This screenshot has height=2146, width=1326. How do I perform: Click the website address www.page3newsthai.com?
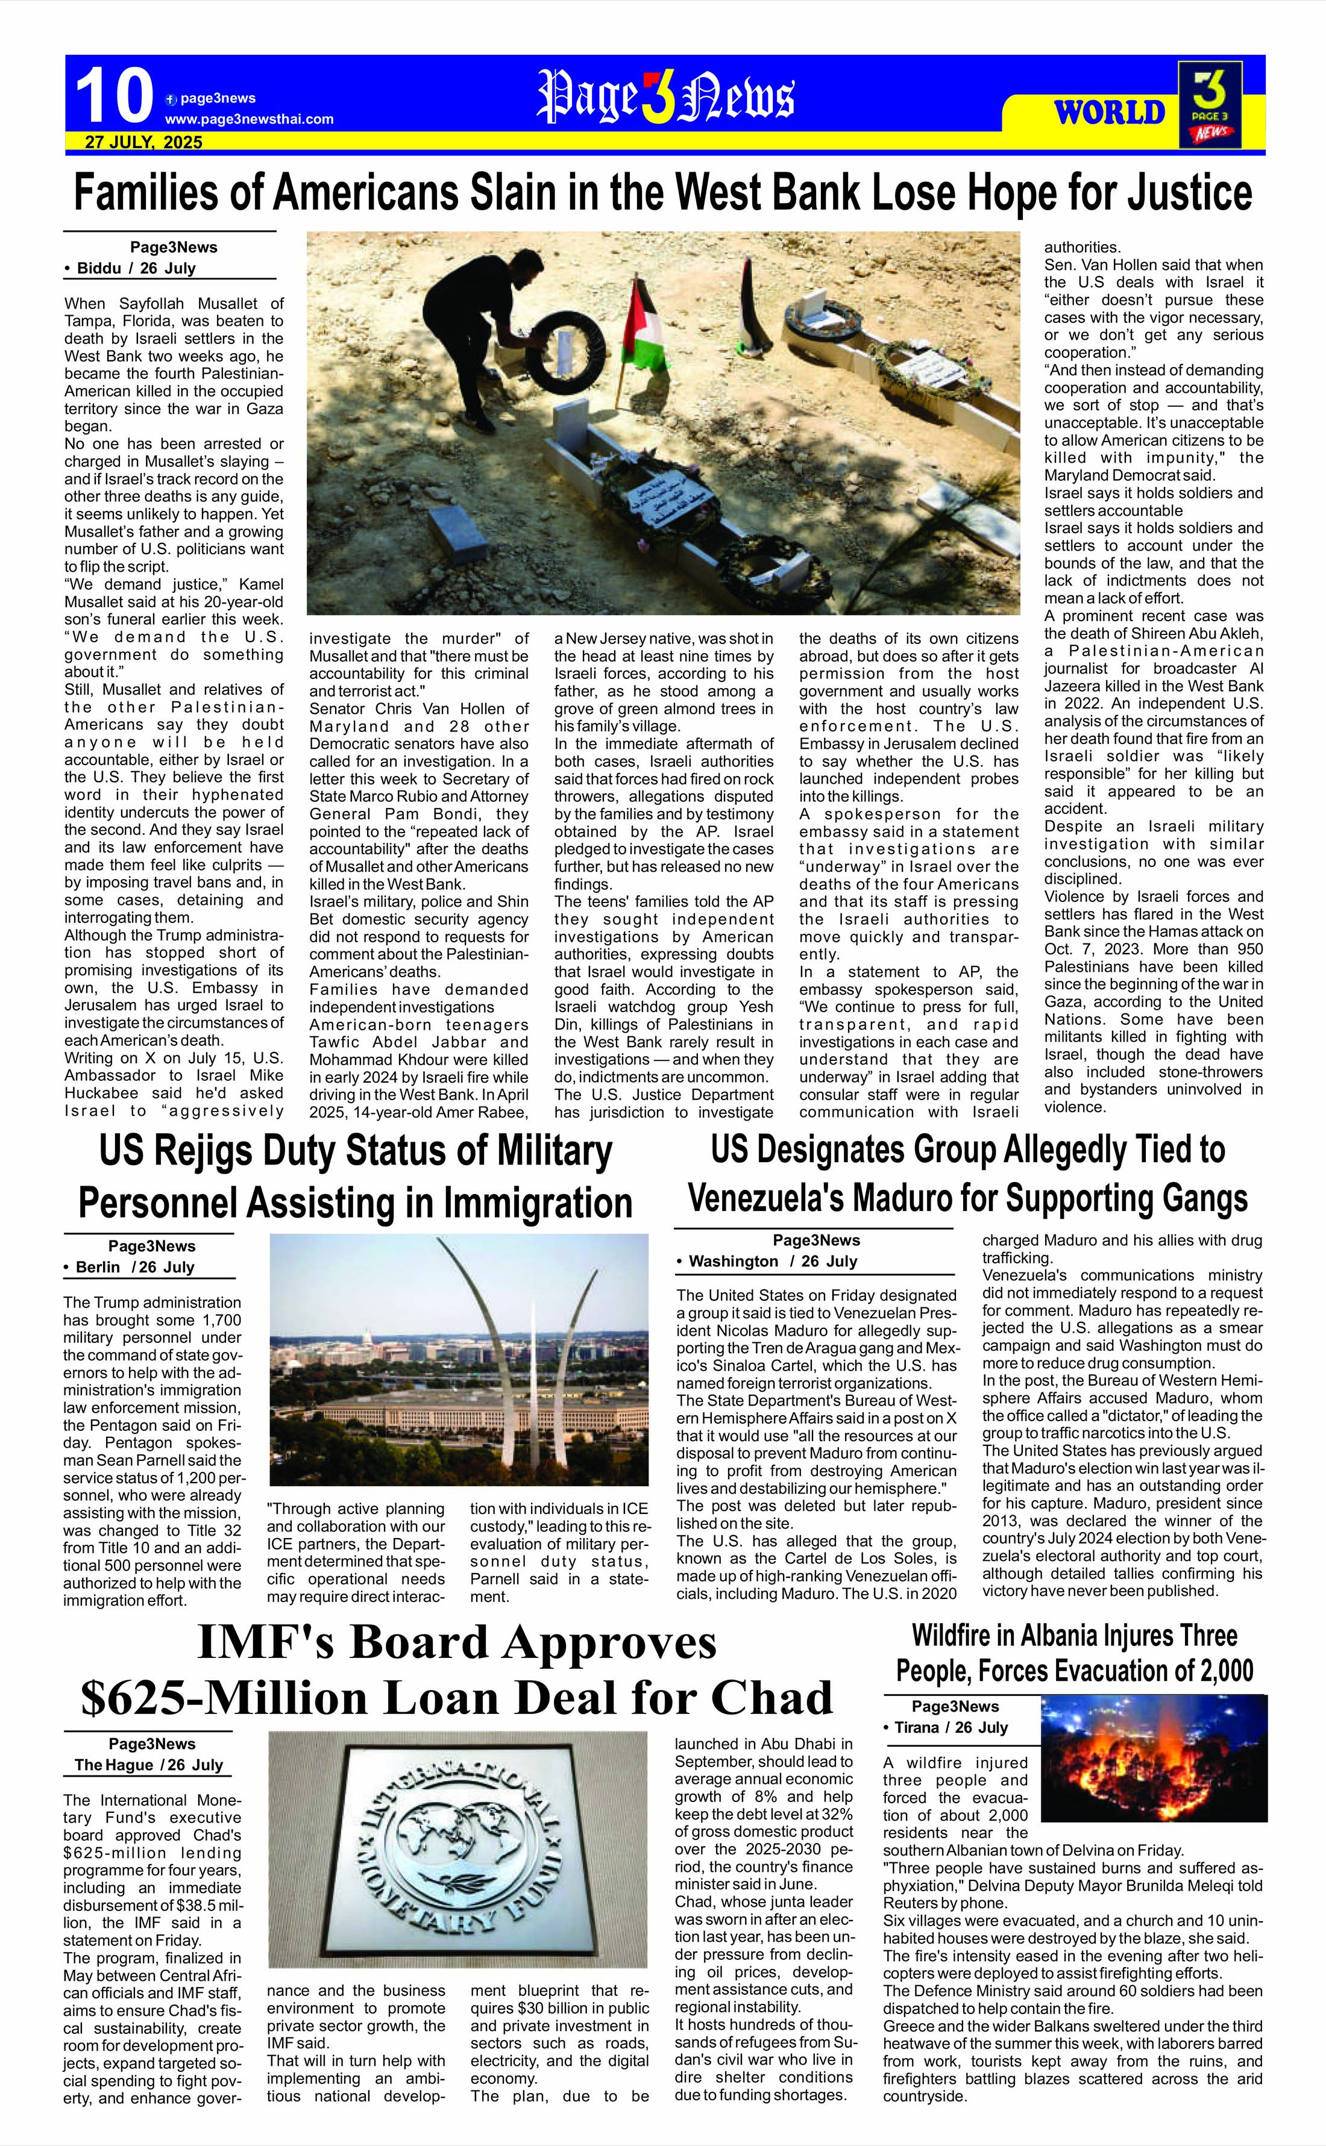click(x=249, y=119)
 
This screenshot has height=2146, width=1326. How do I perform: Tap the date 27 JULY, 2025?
click(x=144, y=142)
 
